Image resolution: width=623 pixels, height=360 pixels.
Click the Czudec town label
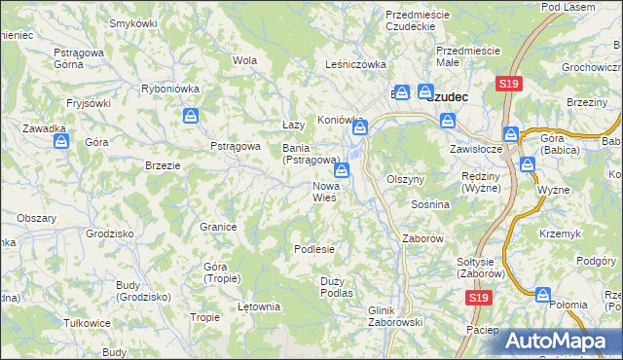click(x=449, y=96)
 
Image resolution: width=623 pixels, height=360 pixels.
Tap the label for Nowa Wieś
click(x=325, y=191)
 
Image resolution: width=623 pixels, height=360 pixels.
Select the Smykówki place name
click(x=133, y=22)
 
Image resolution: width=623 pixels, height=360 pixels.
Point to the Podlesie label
click(x=314, y=249)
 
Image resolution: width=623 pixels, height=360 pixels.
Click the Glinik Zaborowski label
click(x=393, y=315)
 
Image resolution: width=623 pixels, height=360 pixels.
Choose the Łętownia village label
click(x=259, y=306)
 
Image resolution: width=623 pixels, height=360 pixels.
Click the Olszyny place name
click(x=406, y=180)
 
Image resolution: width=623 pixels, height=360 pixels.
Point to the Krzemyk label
click(x=562, y=234)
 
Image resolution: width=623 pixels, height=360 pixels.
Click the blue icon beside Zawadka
click(x=62, y=142)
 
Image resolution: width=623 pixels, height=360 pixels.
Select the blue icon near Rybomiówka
click(x=191, y=118)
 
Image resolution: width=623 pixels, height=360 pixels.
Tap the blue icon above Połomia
click(x=543, y=294)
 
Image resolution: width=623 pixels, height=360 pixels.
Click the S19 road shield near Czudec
click(x=506, y=85)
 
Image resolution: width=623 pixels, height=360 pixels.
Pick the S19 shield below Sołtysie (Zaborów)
click(x=476, y=299)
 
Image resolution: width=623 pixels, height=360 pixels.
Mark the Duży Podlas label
click(x=336, y=286)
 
